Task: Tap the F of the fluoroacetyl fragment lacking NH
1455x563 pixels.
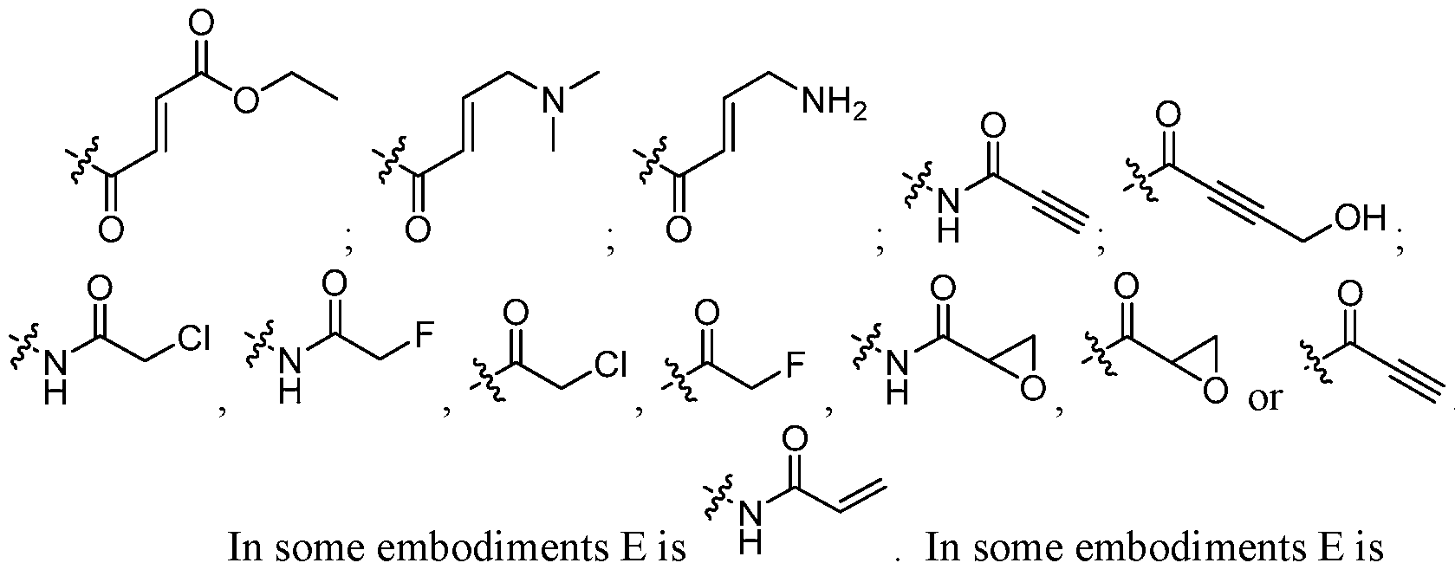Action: (791, 366)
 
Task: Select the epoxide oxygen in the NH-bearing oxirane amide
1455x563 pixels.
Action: (1031, 392)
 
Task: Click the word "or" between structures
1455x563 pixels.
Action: (1264, 400)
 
